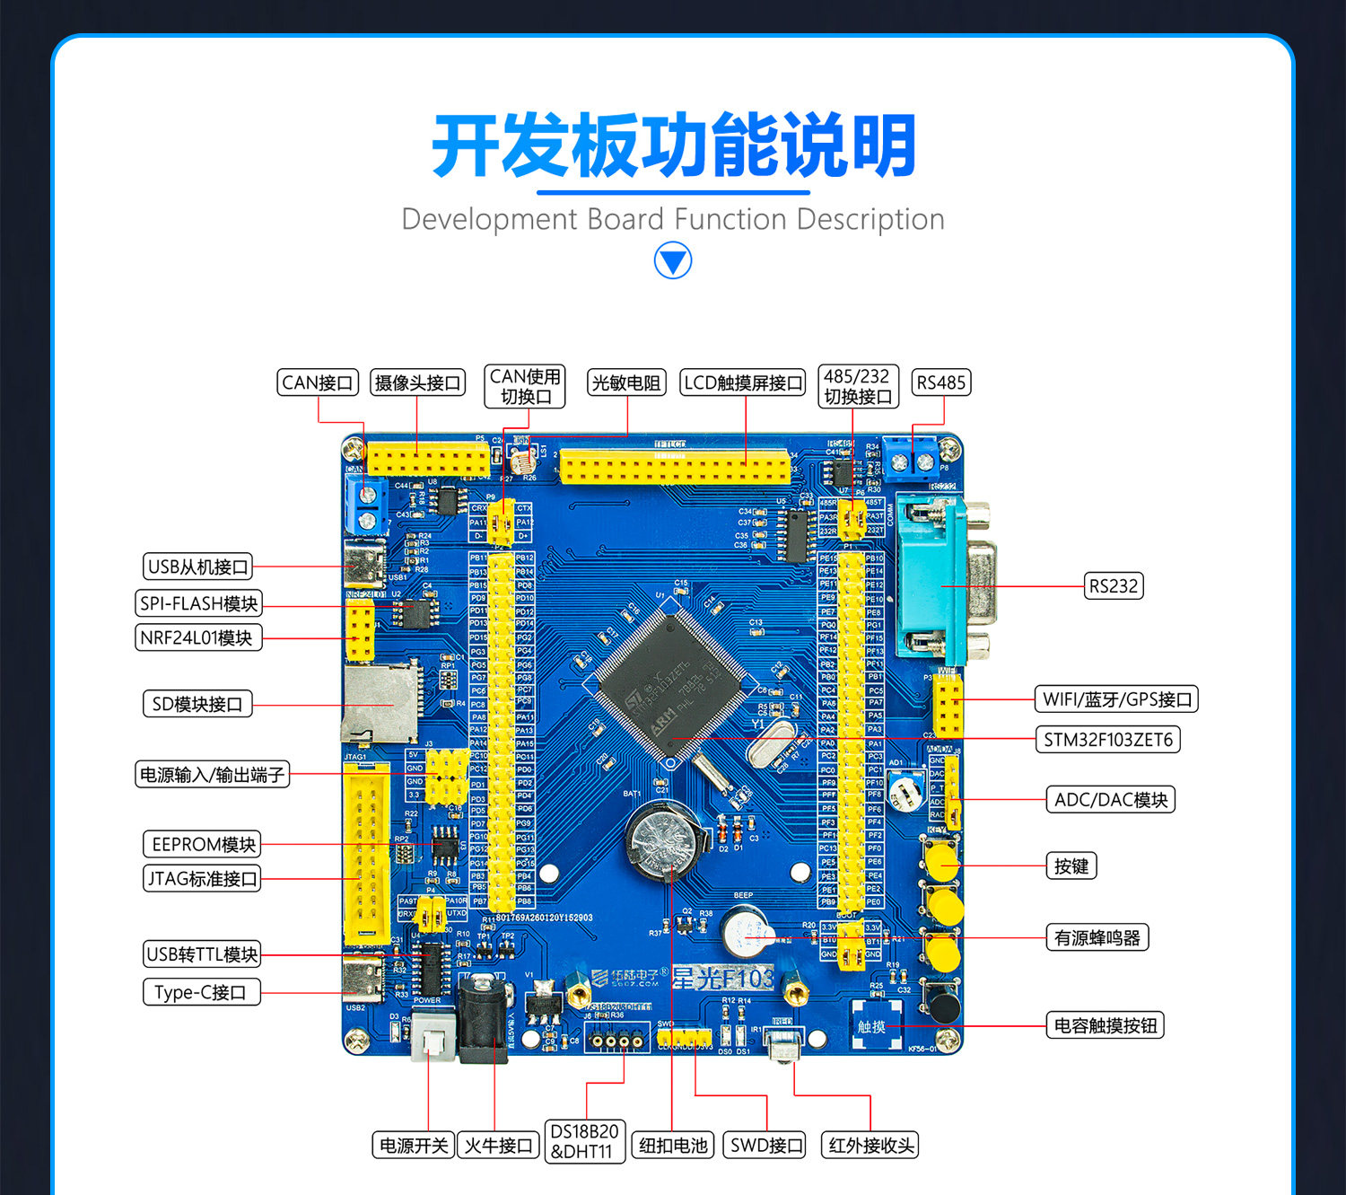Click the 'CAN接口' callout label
pos(318,383)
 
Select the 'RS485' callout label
pos(940,383)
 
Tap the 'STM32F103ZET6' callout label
pos(1107,740)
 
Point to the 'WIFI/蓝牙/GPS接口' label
pos(1117,699)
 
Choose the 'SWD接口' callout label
pos(766,1146)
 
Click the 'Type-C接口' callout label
pos(200,992)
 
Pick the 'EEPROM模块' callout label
pos(202,845)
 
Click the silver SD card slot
pos(380,704)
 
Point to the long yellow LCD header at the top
pos(675,468)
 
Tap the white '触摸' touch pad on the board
pos(870,1025)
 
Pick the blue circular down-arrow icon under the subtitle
pos(673,261)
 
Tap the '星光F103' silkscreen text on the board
pos(723,978)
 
